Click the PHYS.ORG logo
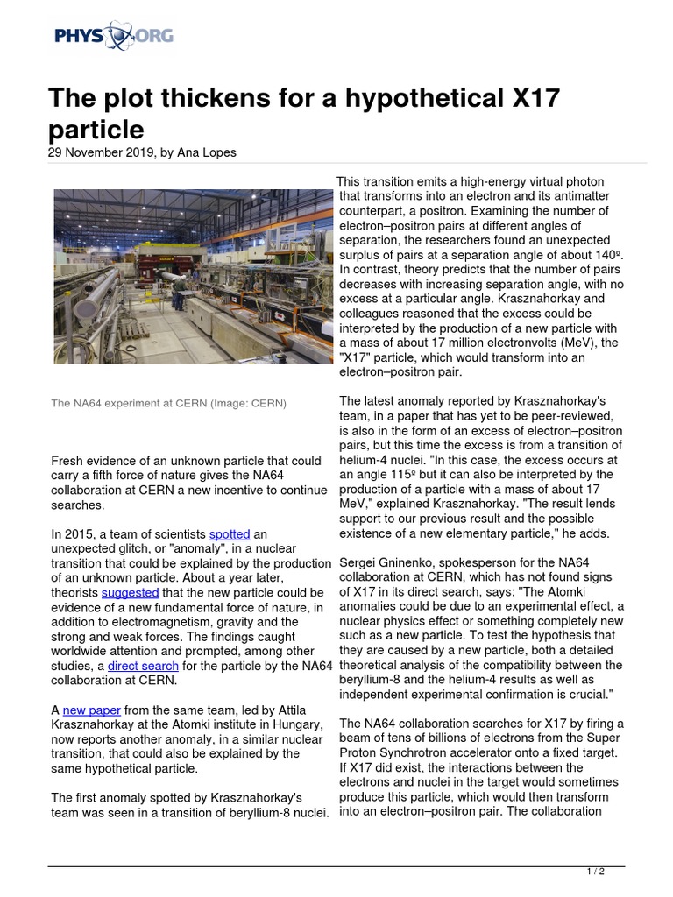tap(113, 36)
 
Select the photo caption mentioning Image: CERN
tap(168, 403)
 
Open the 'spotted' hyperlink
tap(229, 533)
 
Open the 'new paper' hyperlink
tap(92, 710)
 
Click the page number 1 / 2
tap(595, 872)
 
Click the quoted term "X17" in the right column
tap(360, 357)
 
